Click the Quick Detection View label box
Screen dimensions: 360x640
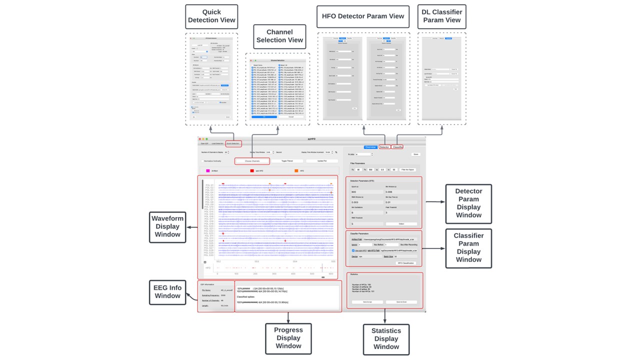211,16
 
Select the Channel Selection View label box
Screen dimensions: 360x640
279,36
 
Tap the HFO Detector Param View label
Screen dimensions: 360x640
362,16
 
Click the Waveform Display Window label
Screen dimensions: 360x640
167,226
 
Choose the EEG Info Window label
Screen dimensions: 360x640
167,292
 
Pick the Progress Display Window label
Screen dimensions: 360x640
288,338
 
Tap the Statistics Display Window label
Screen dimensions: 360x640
386,338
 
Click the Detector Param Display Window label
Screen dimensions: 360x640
468,203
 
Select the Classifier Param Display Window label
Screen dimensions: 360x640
468,247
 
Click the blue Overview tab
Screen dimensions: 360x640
370,147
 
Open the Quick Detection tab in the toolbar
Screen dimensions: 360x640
233,143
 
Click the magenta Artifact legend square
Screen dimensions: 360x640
208,171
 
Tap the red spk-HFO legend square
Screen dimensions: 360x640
252,171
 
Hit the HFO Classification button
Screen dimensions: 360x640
407,263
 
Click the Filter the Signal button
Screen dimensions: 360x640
408,170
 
